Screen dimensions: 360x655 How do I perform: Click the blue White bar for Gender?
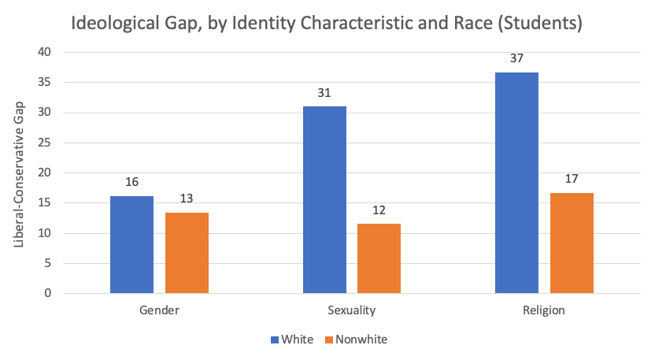tap(131, 244)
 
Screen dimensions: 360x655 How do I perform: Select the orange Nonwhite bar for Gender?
tap(187, 253)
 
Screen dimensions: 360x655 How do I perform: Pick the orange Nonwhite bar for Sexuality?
tap(379, 258)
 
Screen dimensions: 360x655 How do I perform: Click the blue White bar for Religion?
tap(516, 183)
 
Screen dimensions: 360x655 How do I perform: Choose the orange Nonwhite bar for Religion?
tap(572, 243)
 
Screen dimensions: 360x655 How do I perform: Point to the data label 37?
tap(516, 58)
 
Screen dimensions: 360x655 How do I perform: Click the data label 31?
tap(324, 92)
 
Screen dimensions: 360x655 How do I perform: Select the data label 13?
tap(187, 199)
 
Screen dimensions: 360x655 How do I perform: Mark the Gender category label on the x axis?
tap(159, 310)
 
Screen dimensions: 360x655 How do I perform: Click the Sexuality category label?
tap(351, 310)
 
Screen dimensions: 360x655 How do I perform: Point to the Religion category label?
tap(544, 310)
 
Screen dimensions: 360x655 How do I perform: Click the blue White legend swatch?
tap(275, 340)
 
